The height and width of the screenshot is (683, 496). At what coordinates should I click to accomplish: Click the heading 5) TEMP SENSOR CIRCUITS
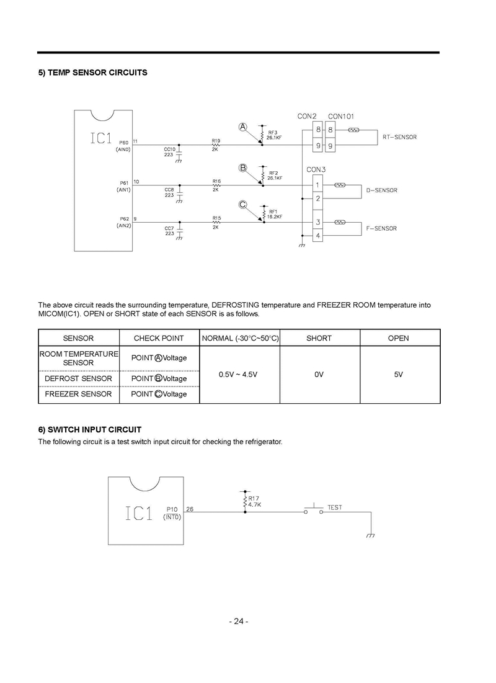tap(93, 73)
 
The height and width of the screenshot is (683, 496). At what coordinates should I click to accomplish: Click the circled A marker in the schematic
tap(244, 127)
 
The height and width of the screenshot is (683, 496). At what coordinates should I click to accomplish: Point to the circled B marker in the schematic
tap(244, 167)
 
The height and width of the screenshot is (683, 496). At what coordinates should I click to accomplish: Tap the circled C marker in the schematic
tap(244, 205)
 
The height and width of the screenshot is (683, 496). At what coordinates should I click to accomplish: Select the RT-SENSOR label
tap(399, 137)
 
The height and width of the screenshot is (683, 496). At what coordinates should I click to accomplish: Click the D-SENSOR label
tap(381, 190)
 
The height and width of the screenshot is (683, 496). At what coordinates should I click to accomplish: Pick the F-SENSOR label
tap(381, 228)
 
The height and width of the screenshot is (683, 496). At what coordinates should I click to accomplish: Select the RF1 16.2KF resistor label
tap(275, 214)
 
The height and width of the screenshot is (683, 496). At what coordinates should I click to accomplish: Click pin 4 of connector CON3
tap(317, 236)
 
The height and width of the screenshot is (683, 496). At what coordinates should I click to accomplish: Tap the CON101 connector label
tap(341, 116)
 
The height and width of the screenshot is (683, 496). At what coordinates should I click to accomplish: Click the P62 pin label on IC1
tap(123, 219)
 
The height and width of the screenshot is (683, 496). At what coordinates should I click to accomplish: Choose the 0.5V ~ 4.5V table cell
tap(239, 374)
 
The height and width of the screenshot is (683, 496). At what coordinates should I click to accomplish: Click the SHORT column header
tap(319, 338)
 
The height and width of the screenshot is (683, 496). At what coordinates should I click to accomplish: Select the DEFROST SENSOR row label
tap(79, 378)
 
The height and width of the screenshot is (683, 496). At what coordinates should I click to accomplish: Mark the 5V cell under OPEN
tap(399, 374)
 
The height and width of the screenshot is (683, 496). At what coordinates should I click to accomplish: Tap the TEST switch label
tap(335, 507)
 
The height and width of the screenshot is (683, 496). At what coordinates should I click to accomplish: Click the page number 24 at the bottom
tap(239, 622)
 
